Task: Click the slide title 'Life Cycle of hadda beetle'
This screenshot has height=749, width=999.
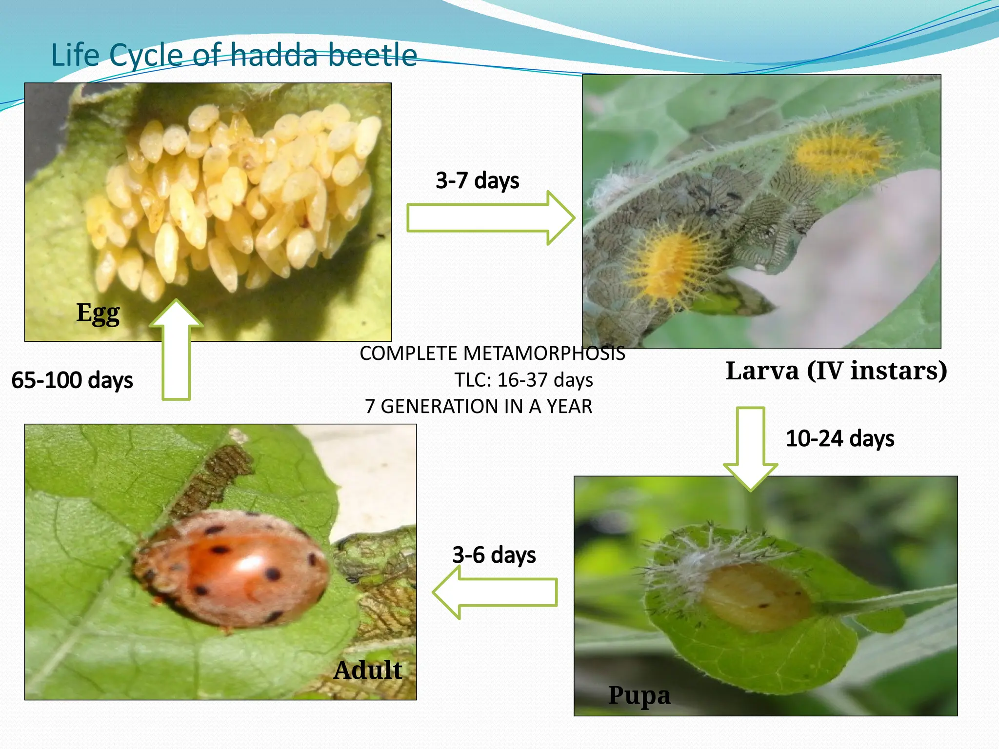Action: [x=234, y=55]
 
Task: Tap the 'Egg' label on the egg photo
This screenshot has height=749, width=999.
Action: [x=98, y=313]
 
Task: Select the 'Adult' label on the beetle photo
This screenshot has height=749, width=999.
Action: [x=368, y=670]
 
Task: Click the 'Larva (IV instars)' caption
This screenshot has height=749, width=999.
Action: [x=836, y=371]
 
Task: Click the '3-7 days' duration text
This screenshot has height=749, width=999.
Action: [x=477, y=180]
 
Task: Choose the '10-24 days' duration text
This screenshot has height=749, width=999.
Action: [x=840, y=438]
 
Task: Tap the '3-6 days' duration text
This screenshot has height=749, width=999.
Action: [x=494, y=555]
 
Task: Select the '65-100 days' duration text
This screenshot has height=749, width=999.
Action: [x=72, y=380]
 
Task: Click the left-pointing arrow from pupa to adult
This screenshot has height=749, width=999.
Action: [x=495, y=592]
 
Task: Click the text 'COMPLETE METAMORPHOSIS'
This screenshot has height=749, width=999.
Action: [x=492, y=354]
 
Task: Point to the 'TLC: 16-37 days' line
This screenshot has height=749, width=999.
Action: [x=523, y=380]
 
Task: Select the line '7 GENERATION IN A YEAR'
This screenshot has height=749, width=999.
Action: [x=479, y=406]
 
